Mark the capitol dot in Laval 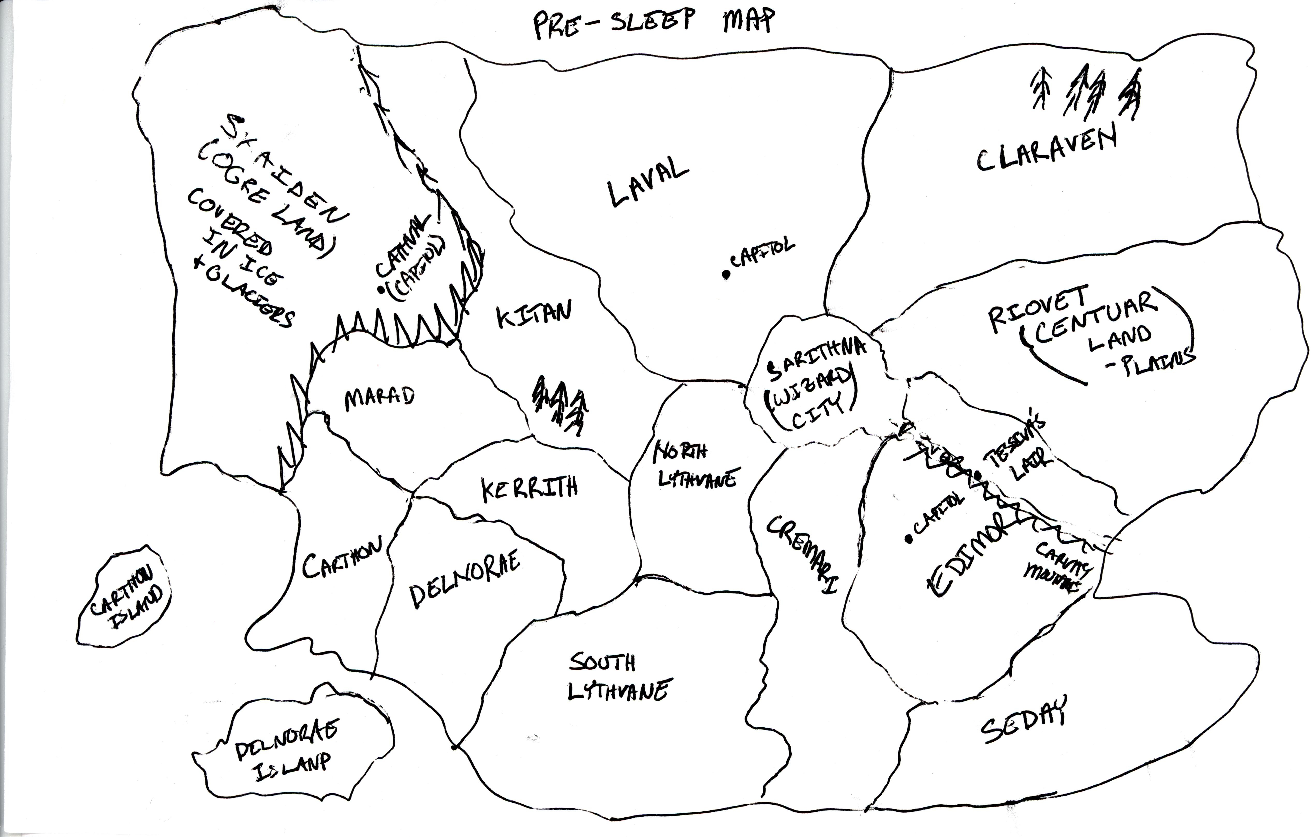[726, 275]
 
